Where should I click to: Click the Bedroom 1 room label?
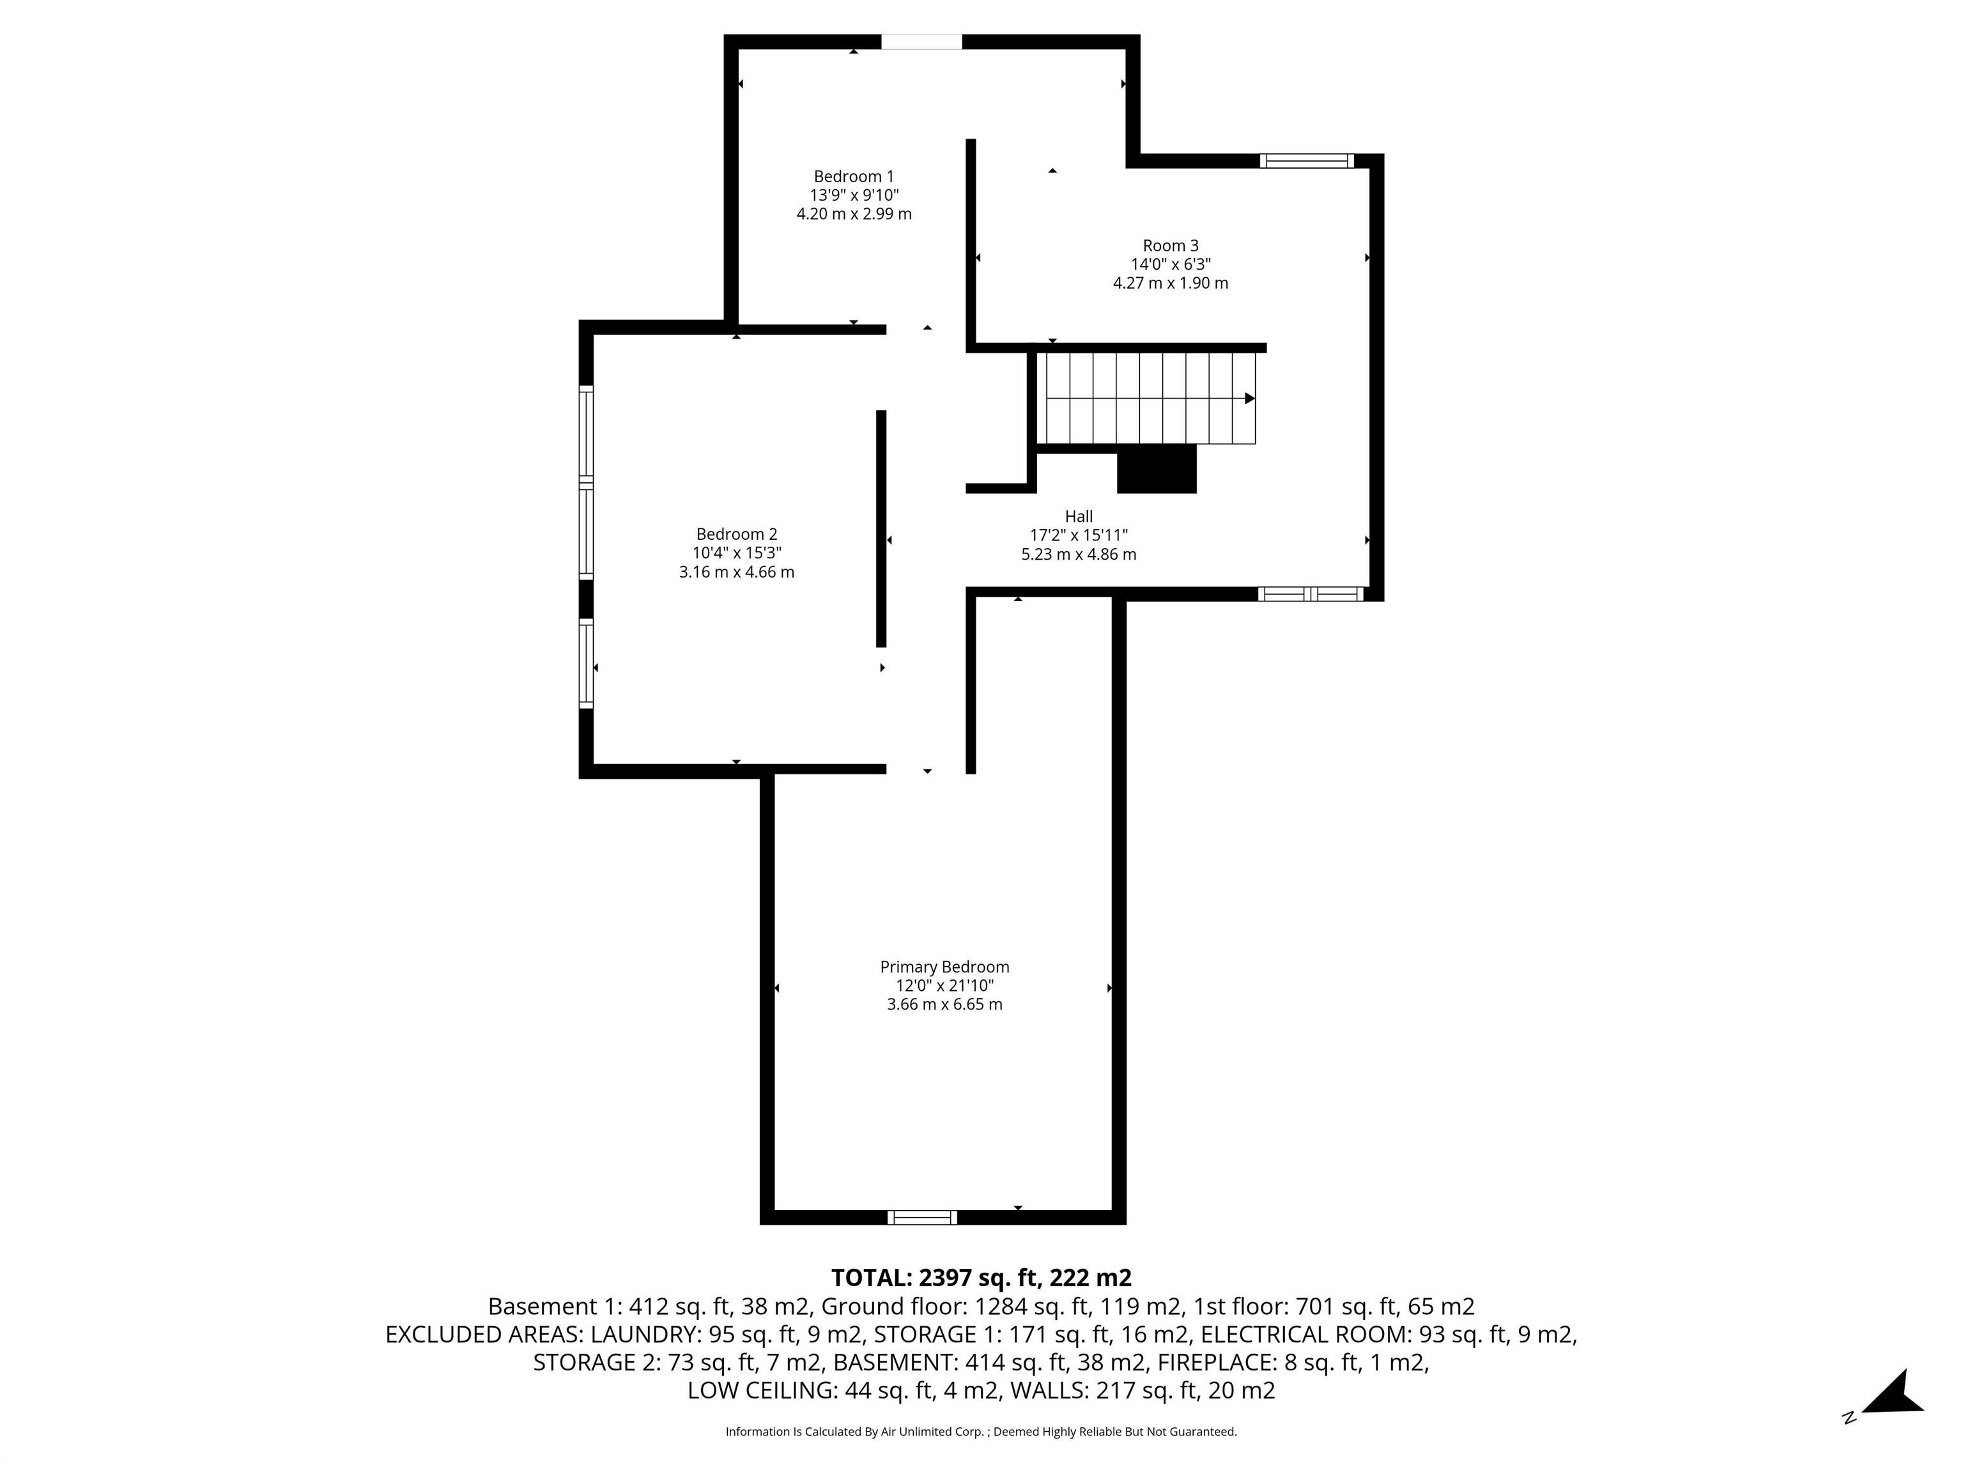[853, 176]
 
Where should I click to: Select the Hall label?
[1078, 516]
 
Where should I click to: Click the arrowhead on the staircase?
[1249, 399]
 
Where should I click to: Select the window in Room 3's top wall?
[1306, 160]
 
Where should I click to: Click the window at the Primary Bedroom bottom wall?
[921, 1217]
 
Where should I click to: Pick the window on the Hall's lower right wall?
[1311, 594]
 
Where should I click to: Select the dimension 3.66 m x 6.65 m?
[944, 1004]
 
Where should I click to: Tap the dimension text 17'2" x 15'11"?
[1078, 535]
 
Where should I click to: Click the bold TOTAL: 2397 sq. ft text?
[981, 1278]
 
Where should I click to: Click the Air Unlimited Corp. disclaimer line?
[981, 1431]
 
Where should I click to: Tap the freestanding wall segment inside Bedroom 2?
[881, 528]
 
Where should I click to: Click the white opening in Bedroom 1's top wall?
[921, 42]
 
